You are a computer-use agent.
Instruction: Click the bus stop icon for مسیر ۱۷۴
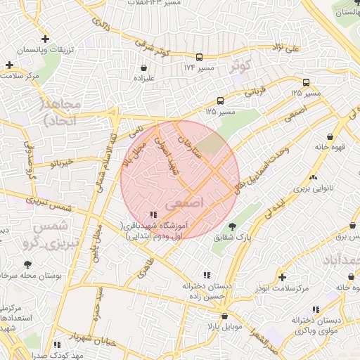click(199, 57)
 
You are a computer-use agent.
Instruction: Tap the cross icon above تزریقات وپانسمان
click(46, 39)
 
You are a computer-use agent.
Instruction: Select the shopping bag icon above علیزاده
click(144, 68)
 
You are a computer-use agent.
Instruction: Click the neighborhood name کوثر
click(240, 67)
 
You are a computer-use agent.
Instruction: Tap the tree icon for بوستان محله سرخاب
click(27, 265)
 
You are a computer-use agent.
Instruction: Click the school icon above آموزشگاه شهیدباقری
click(153, 214)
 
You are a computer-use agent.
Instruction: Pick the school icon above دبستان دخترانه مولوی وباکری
click(316, 309)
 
